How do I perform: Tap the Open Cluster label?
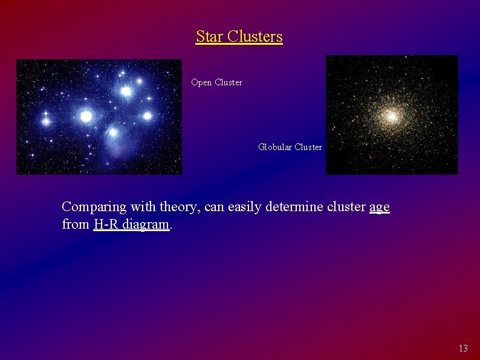(216, 82)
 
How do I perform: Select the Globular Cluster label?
(290, 147)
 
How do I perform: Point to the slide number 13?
(463, 348)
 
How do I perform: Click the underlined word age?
(379, 207)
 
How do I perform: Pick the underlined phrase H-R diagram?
(132, 224)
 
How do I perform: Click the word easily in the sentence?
(244, 207)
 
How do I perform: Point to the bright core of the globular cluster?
(392, 116)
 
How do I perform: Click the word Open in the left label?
(201, 82)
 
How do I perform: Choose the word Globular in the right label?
(275, 147)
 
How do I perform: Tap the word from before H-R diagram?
(76, 224)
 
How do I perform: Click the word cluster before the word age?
(346, 207)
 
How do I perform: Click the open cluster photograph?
(99, 117)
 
